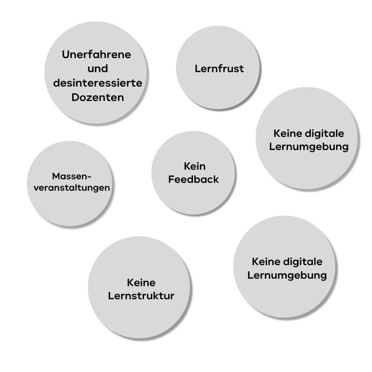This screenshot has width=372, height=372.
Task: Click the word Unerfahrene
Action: tap(97, 55)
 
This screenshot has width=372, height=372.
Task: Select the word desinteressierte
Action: tap(98, 83)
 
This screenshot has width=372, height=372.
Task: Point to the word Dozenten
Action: tap(98, 97)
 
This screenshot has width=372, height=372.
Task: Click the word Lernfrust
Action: tap(219, 69)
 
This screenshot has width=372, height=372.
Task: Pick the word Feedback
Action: tap(193, 179)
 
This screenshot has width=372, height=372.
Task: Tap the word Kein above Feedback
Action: tap(194, 166)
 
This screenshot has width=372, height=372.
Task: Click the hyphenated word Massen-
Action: tap(72, 176)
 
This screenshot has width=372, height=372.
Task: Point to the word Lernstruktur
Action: tap(141, 296)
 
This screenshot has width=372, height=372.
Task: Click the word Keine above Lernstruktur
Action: tap(141, 283)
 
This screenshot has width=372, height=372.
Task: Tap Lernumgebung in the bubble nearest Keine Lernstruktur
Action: tap(287, 276)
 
